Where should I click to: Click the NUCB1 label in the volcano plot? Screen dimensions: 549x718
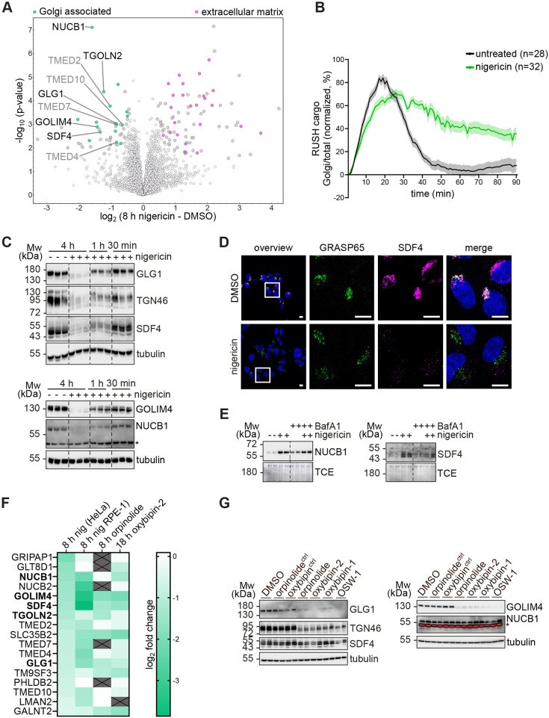[x=68, y=27]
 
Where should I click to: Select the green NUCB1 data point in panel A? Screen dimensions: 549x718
[x=92, y=28]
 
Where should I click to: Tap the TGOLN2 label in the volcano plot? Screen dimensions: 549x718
[x=102, y=56]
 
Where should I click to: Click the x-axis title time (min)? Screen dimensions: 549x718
[x=432, y=194]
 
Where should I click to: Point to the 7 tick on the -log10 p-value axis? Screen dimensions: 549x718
[x=30, y=30]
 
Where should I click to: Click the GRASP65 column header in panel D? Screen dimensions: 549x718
[x=341, y=248]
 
